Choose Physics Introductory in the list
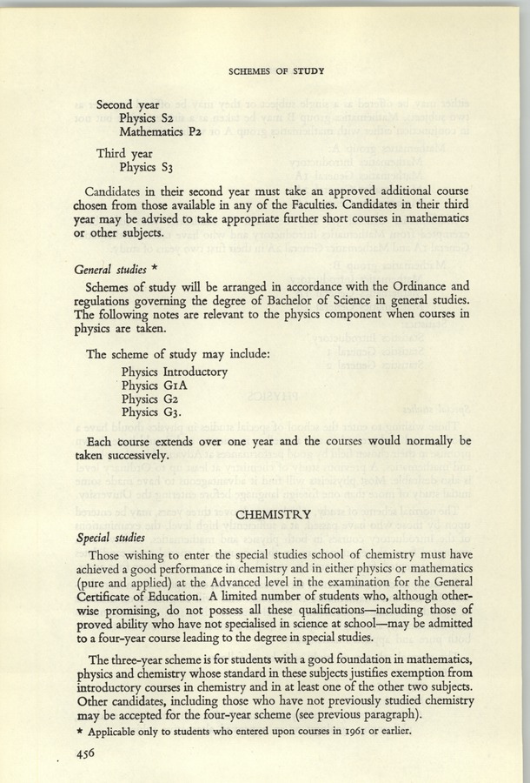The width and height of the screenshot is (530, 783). click(x=175, y=371)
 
